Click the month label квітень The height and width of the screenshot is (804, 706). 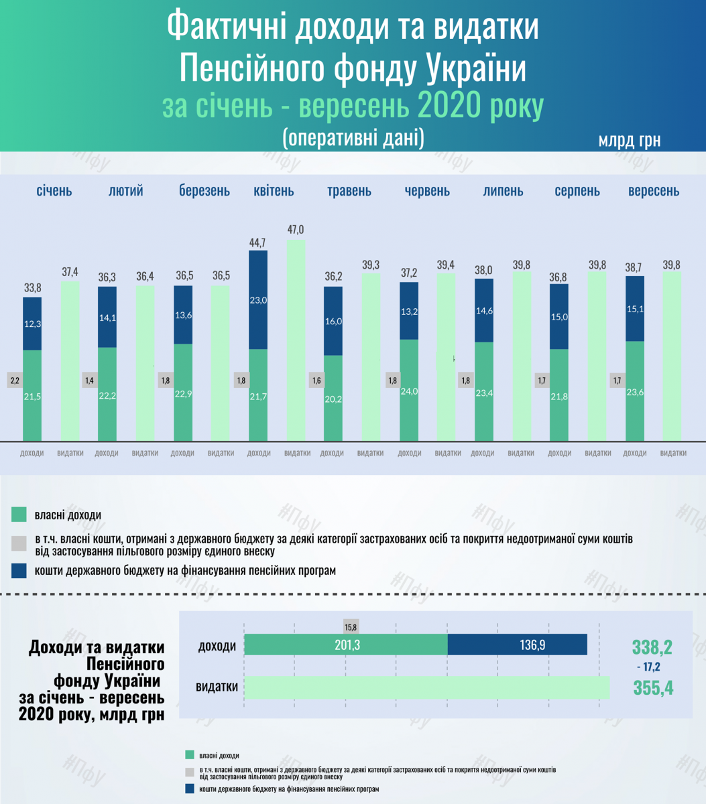[x=274, y=191]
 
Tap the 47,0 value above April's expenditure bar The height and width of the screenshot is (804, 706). [x=295, y=229]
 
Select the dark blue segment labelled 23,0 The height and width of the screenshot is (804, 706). [x=258, y=300]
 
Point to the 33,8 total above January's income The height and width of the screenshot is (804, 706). [x=32, y=287]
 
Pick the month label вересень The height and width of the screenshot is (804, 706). [x=653, y=191]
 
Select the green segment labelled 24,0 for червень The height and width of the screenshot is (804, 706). [x=409, y=390]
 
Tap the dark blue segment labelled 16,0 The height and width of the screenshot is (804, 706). [x=333, y=321]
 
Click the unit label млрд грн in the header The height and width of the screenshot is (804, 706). [x=630, y=141]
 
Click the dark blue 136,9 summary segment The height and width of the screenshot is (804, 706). [x=517, y=645]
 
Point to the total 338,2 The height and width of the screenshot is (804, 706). [x=652, y=647]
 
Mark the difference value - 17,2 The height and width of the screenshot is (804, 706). [x=648, y=667]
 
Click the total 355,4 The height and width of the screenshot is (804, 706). [x=652, y=688]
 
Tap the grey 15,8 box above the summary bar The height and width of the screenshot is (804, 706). [x=351, y=628]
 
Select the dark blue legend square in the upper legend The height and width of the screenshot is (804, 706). [x=19, y=571]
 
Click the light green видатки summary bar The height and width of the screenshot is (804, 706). [x=426, y=687]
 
